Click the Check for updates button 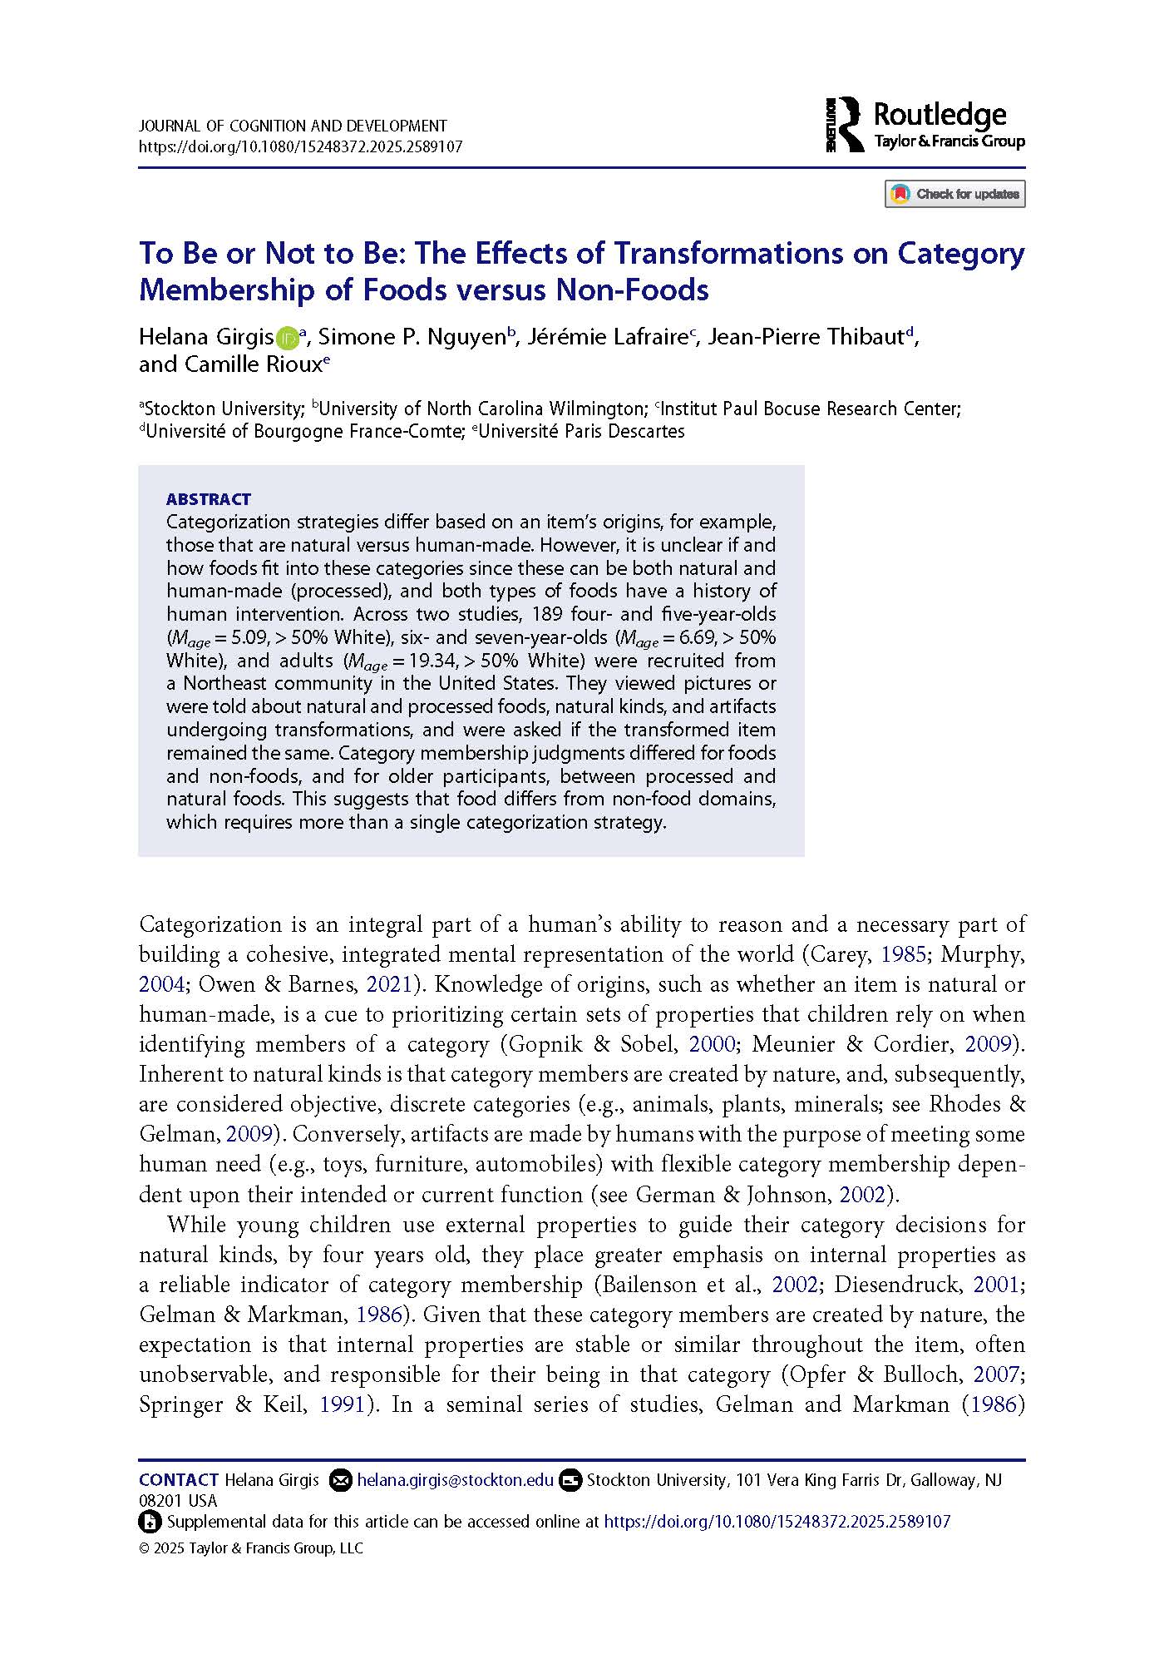tap(954, 194)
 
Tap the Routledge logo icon tap(845, 125)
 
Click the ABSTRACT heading tap(208, 499)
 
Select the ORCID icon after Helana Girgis tap(287, 337)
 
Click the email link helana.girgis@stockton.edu tap(455, 1480)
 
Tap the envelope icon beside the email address tap(340, 1480)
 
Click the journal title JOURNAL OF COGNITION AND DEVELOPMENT tap(293, 126)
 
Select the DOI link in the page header tap(300, 147)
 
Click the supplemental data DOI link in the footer tap(777, 1522)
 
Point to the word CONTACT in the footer tap(179, 1480)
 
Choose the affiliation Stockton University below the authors tap(222, 409)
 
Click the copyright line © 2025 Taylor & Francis tap(251, 1548)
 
